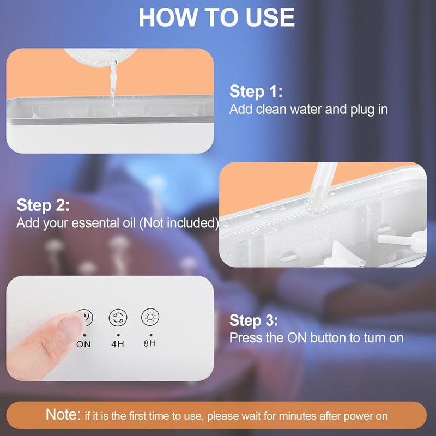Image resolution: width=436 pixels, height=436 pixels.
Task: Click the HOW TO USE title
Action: (x=217, y=17)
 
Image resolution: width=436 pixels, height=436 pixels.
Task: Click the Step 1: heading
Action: (x=256, y=91)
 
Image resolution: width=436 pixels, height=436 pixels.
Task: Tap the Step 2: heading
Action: (x=43, y=205)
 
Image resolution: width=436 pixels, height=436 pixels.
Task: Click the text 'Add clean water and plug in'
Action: (x=308, y=109)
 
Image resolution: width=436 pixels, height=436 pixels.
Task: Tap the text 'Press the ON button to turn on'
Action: (x=316, y=338)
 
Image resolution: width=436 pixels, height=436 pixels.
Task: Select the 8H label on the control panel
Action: (x=149, y=344)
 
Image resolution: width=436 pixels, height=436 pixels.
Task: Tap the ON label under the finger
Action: (x=83, y=344)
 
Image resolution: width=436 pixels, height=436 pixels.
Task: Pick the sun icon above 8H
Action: (x=149, y=317)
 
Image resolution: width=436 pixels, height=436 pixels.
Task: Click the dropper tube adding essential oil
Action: (x=322, y=185)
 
